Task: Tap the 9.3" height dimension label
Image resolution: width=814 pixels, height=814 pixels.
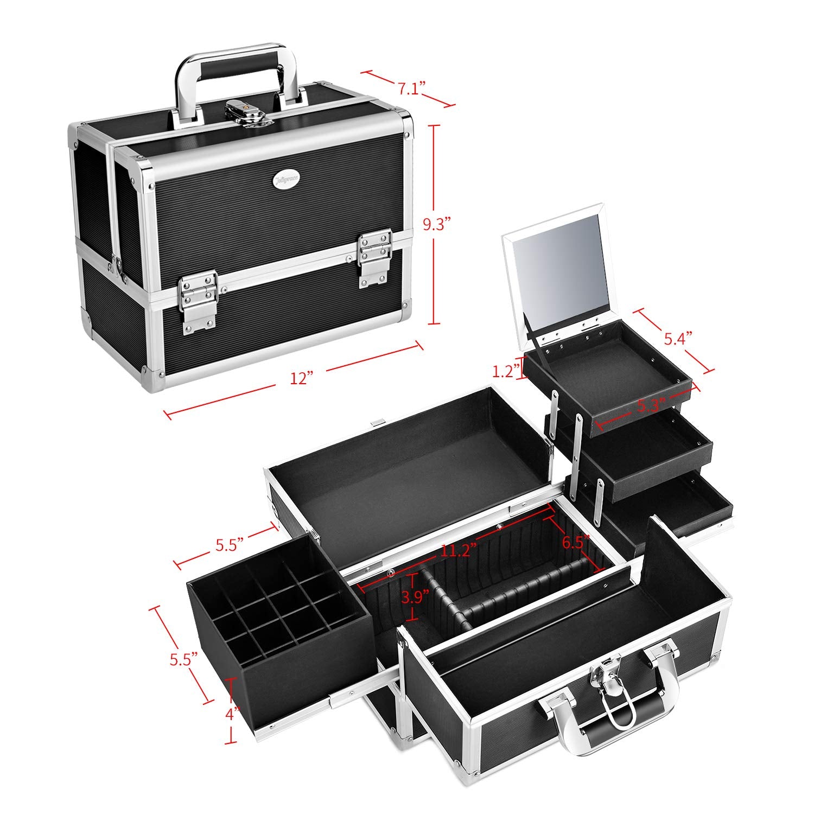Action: pos(438,225)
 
